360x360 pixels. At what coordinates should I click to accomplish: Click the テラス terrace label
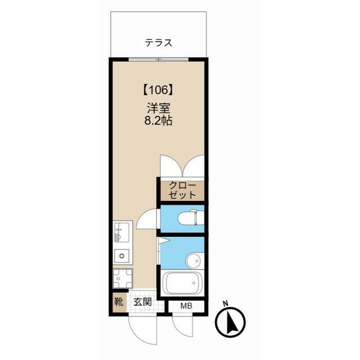point(159,43)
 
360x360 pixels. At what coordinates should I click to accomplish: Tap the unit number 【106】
point(159,90)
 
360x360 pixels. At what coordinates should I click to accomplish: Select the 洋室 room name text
point(159,109)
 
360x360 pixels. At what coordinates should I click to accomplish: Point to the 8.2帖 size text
point(159,121)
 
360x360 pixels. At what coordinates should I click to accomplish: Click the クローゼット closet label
point(182,190)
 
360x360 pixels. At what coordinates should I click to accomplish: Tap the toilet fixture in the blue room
point(191,218)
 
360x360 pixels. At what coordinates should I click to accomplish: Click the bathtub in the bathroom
point(182,283)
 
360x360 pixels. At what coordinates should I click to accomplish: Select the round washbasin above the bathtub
point(195,261)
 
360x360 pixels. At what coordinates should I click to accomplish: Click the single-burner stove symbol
point(121,256)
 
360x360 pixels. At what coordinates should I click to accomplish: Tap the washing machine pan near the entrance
point(123,278)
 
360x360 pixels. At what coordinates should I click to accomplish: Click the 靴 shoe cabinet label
point(119,302)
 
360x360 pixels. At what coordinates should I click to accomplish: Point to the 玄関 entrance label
point(143,302)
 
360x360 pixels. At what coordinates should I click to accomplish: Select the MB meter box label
point(186,306)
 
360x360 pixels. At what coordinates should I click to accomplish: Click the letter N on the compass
point(226,303)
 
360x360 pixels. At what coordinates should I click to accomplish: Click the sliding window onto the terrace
point(159,60)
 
